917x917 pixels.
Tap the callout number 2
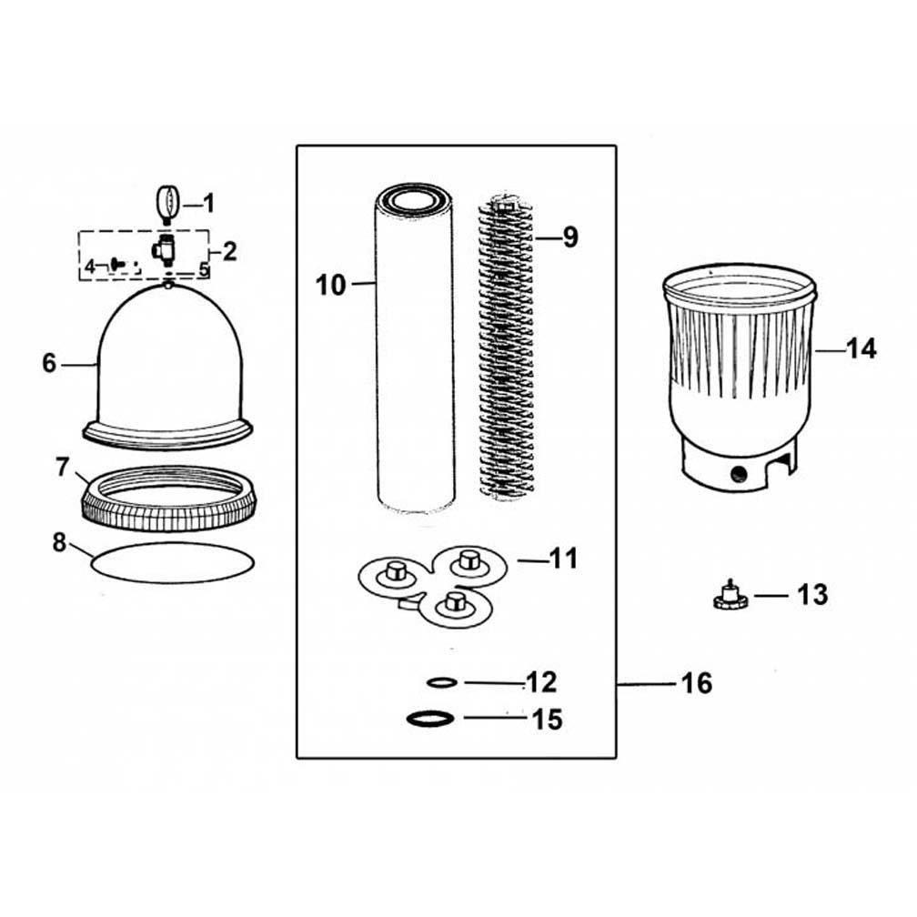click(229, 251)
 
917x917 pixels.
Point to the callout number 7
click(62, 468)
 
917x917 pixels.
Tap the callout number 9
click(569, 237)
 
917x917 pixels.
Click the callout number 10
click(331, 285)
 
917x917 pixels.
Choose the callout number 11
click(564, 558)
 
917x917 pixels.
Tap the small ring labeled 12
click(441, 681)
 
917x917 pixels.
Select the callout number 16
click(697, 683)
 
